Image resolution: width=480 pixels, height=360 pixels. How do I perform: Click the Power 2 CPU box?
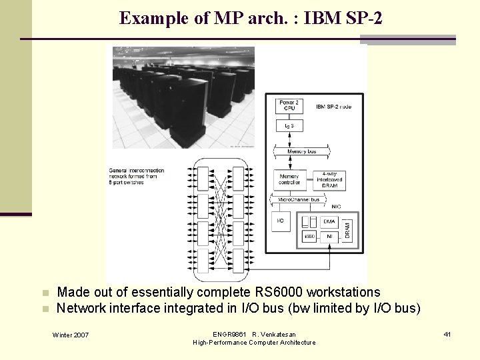[x=289, y=106]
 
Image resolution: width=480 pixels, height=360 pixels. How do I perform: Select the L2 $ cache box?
[x=289, y=125]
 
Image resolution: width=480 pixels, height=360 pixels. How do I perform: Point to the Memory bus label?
[x=301, y=152]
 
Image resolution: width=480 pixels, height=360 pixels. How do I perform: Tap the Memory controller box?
[x=289, y=179]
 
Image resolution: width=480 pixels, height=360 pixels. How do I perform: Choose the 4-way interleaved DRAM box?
[x=327, y=179]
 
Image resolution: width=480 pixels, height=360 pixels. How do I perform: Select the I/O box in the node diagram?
[x=281, y=221]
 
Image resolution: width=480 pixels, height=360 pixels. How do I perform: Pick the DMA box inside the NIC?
[x=329, y=221]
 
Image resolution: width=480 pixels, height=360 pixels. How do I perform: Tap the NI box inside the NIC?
[x=329, y=235]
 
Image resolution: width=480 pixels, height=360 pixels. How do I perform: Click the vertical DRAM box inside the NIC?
[x=347, y=228]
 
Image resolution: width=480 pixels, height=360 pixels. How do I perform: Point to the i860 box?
[x=309, y=236]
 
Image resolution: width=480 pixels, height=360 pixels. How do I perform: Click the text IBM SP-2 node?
[x=333, y=107]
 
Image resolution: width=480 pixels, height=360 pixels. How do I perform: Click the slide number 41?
[x=447, y=334]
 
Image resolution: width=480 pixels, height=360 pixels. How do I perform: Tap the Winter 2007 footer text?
[x=71, y=334]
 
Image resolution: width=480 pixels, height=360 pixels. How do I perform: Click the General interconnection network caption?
[x=136, y=175]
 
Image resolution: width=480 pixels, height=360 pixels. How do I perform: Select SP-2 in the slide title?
[x=360, y=18]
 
